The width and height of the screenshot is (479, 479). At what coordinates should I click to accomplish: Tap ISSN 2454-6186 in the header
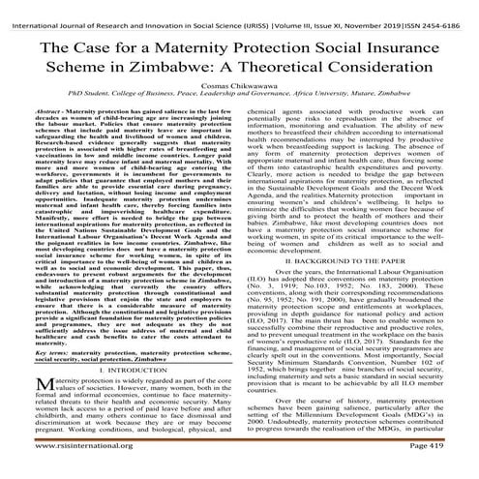[442, 10]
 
